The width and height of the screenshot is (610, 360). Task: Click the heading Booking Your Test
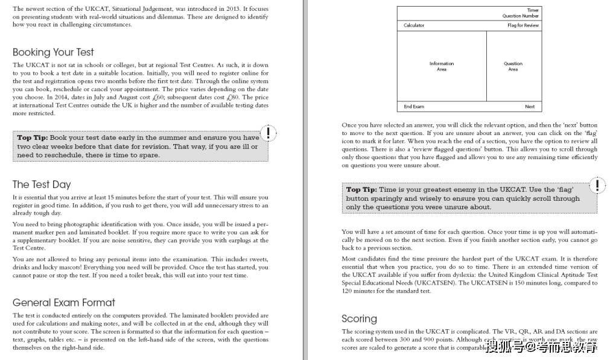(x=53, y=52)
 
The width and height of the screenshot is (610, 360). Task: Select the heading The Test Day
(x=42, y=185)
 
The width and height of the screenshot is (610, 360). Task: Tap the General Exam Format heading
(x=63, y=302)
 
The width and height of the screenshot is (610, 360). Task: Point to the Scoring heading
(x=359, y=318)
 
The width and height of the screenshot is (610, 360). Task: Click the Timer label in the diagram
(x=532, y=10)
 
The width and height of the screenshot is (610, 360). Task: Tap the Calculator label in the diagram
(x=414, y=25)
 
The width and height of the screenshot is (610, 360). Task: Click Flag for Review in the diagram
(x=523, y=25)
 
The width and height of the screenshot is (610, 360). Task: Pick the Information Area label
(x=442, y=66)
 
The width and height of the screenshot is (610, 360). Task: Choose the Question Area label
(x=513, y=66)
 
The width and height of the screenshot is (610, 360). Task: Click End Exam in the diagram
(x=414, y=107)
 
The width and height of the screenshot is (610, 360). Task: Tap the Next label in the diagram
(x=530, y=107)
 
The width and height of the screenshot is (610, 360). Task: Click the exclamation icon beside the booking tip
(x=269, y=133)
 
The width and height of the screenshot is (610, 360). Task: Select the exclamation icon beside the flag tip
(x=597, y=185)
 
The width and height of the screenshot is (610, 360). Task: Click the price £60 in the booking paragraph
(x=158, y=97)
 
